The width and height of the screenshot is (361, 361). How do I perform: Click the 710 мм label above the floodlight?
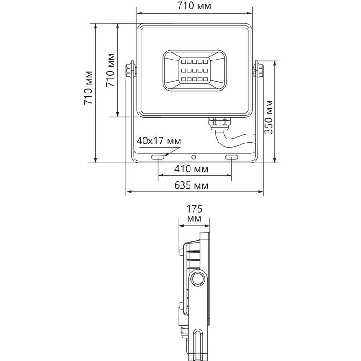(x=194, y=5)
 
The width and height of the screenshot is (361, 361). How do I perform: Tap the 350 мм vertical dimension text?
(x=268, y=117)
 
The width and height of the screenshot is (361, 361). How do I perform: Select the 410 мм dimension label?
(x=191, y=169)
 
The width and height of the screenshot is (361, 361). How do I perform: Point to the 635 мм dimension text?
(x=191, y=185)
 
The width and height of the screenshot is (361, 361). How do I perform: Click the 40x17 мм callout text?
(x=159, y=141)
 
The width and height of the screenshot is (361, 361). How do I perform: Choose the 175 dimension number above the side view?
(x=194, y=209)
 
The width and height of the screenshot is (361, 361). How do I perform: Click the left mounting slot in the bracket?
(x=157, y=157)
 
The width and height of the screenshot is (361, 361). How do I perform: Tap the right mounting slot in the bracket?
(x=231, y=157)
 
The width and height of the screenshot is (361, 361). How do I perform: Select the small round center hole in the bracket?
(x=194, y=157)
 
